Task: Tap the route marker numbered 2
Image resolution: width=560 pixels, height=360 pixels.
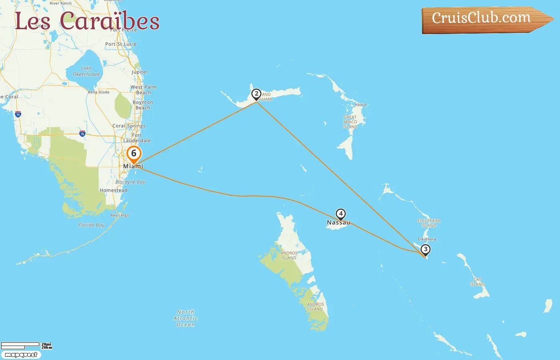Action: click(256, 94)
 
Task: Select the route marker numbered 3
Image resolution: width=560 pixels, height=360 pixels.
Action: click(426, 250)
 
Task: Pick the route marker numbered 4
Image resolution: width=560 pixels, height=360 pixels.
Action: click(341, 214)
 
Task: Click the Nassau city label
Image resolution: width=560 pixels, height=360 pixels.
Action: click(338, 223)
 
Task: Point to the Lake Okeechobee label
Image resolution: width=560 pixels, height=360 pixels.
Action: click(86, 71)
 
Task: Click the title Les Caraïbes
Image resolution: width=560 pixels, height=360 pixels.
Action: click(87, 21)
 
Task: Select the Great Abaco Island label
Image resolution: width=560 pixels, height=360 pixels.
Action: click(350, 122)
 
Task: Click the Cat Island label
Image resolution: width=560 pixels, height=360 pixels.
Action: click(477, 282)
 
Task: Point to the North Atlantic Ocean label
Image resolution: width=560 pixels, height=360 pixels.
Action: click(186, 318)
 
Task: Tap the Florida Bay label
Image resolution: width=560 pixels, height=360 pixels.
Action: click(91, 225)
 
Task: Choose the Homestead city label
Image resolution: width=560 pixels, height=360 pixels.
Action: click(114, 190)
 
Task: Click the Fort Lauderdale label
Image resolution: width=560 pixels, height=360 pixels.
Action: click(137, 138)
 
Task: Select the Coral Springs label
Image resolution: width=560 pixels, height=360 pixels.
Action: click(129, 126)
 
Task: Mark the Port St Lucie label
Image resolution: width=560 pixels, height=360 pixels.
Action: click(121, 44)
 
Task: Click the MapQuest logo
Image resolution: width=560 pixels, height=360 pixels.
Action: click(21, 355)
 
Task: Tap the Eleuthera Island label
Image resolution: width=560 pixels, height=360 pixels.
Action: click(429, 223)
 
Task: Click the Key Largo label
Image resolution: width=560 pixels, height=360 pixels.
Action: click(120, 215)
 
